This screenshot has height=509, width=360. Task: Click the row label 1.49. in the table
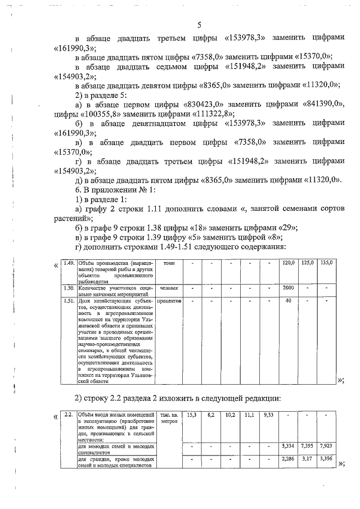(69, 263)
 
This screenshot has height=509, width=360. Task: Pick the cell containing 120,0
(289, 263)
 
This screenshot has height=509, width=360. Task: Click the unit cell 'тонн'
(168, 263)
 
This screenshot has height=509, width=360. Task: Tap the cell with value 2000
(289, 287)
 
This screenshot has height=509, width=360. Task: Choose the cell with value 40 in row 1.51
(289, 300)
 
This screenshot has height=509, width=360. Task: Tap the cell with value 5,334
(289, 446)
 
